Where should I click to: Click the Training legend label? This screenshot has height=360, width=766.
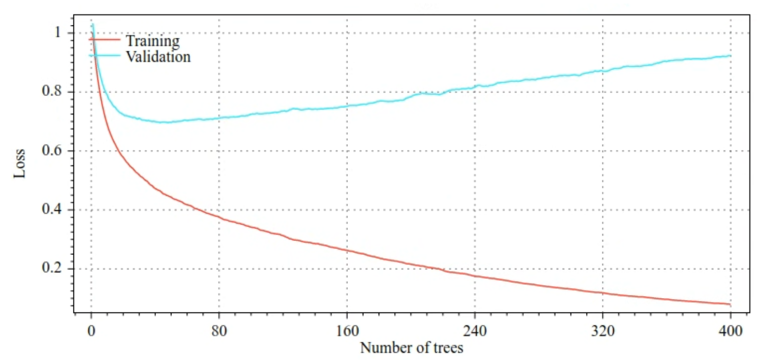pos(153,41)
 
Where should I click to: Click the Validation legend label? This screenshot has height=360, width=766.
pos(158,57)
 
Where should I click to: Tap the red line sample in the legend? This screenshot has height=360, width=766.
pos(105,39)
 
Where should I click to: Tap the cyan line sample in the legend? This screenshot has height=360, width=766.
pos(105,56)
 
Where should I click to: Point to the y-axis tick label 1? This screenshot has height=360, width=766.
pos(58,32)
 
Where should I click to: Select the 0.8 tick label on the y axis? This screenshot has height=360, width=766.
pos(52,91)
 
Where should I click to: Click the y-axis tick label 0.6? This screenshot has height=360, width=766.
pos(52,150)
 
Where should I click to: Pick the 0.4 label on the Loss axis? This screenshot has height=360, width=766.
pos(52,209)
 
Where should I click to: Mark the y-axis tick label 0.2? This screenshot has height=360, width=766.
pos(52,268)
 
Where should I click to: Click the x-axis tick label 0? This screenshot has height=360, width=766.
pos(91,331)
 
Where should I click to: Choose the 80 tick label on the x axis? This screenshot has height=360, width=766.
pos(219,331)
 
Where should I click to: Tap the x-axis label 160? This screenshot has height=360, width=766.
pos(347,331)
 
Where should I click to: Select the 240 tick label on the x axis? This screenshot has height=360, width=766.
pos(475,331)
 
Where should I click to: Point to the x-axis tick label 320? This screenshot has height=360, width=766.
pos(603,331)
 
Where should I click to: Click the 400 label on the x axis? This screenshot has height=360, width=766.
pos(730,331)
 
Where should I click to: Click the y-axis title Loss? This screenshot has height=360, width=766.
pos(19,164)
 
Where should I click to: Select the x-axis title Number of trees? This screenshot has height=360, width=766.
pos(411,348)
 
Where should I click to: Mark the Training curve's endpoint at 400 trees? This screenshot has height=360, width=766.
pos(730,304)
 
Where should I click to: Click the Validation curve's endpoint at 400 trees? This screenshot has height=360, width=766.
pos(730,56)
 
